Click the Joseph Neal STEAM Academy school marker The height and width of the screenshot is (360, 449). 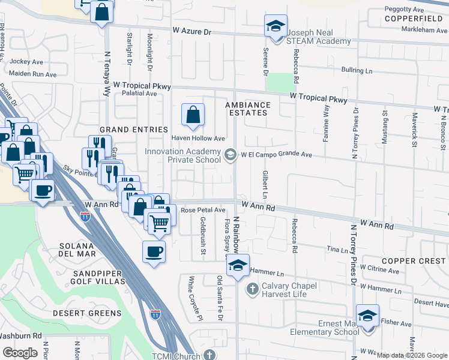(276, 26)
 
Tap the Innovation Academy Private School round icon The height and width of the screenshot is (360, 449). (230, 155)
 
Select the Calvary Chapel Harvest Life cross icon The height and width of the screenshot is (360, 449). (253, 290)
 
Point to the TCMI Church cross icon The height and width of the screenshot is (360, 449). (209, 355)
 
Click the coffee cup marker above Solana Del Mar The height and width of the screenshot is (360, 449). (153, 251)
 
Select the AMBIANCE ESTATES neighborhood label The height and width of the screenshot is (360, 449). (248, 109)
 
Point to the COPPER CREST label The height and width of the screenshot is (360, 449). (413, 261)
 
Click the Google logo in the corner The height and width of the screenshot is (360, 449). (20, 353)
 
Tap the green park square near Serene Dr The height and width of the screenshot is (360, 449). (277, 82)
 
